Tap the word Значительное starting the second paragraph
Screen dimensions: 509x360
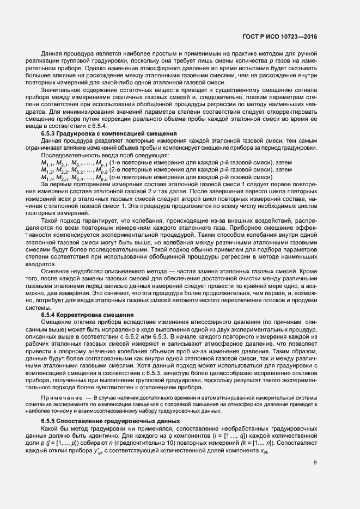(x=61, y=97)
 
